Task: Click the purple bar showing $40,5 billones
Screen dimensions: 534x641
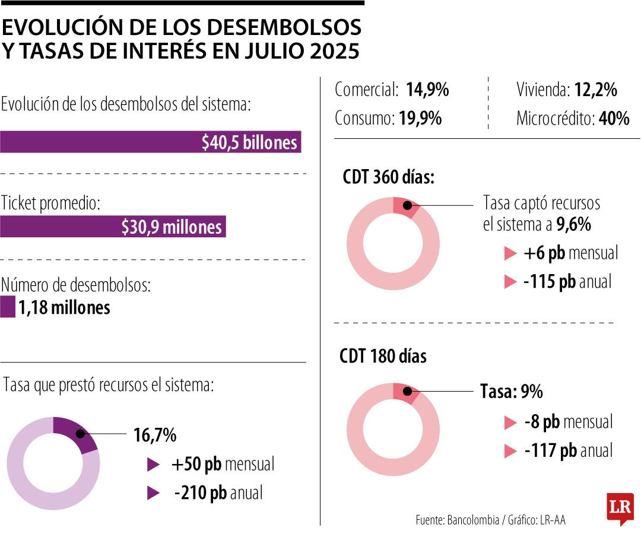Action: (150, 143)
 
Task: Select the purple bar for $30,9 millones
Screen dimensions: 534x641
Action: (113, 227)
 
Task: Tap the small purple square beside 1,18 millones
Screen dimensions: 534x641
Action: (8, 308)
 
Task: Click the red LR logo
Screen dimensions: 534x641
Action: (620, 508)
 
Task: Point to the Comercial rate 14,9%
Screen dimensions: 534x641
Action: (427, 90)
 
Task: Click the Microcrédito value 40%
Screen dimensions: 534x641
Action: (614, 118)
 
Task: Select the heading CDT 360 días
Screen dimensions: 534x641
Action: (388, 177)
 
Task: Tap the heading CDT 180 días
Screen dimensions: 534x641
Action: (383, 356)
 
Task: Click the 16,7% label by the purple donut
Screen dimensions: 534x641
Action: (154, 435)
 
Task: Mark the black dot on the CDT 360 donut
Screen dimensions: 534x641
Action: (407, 205)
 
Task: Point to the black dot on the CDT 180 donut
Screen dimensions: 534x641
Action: (407, 392)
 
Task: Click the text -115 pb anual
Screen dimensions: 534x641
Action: (567, 281)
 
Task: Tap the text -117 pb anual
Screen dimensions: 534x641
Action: (568, 451)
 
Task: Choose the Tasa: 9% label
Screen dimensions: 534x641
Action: (511, 392)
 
